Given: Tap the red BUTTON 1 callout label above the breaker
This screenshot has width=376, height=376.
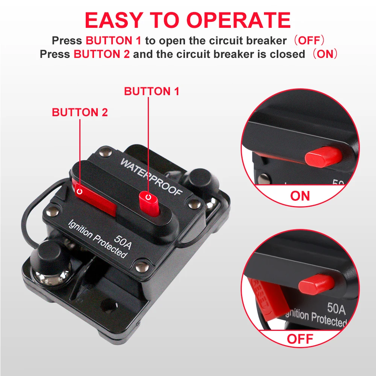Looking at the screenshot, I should pyautogui.click(x=152, y=91).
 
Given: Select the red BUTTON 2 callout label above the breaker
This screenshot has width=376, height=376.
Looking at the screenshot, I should pyautogui.click(x=80, y=112).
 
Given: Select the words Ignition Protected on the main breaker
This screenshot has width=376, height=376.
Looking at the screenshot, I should pyautogui.click(x=97, y=239).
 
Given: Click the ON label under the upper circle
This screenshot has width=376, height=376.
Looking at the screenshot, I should pyautogui.click(x=300, y=196).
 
